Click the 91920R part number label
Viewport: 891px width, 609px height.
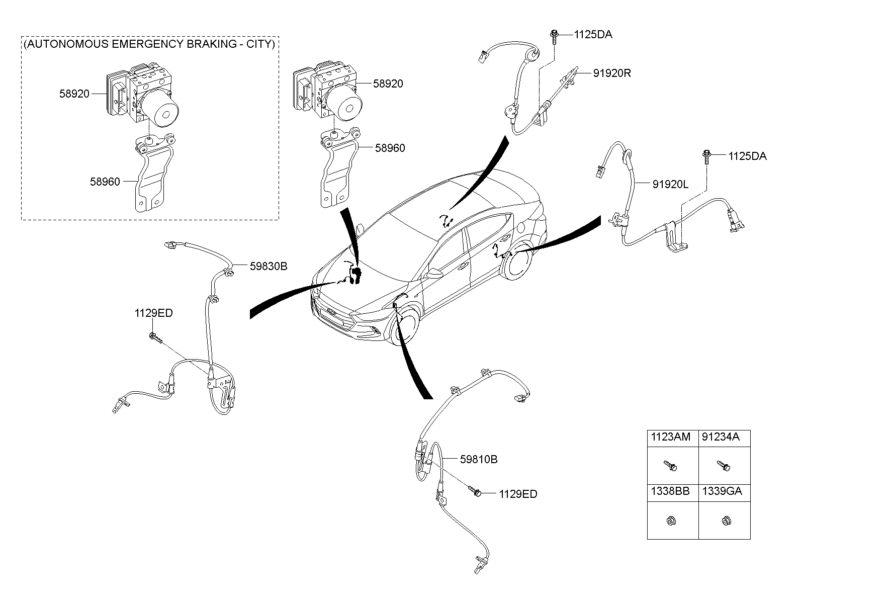[611, 73]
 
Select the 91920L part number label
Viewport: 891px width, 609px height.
[670, 185]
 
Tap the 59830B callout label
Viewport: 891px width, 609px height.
[269, 267]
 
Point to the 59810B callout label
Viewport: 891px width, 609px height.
[479, 459]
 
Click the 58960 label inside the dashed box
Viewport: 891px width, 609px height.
[105, 182]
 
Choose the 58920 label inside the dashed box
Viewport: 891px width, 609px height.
[74, 94]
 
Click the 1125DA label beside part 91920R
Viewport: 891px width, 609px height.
[593, 35]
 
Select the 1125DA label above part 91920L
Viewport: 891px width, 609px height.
[747, 156]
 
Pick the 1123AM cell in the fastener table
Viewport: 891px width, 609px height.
[671, 437]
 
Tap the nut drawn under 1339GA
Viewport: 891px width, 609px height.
[726, 520]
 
